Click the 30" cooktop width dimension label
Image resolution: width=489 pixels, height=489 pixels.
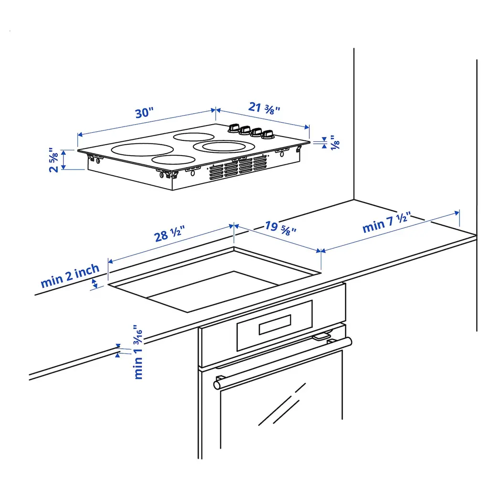coord(144,113)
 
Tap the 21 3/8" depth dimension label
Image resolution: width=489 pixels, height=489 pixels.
coord(264,108)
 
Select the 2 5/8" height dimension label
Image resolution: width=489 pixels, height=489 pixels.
coord(53,160)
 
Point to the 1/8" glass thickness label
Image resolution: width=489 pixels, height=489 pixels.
coord(335,142)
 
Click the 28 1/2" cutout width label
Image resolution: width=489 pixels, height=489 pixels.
coord(170,234)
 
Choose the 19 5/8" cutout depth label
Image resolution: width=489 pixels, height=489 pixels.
coord(281,228)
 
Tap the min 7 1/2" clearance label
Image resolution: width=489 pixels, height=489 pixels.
coord(387,223)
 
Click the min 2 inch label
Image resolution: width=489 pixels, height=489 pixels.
coord(70,276)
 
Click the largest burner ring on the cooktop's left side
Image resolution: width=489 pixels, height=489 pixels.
coord(142,149)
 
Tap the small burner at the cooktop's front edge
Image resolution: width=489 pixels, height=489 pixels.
coord(173,159)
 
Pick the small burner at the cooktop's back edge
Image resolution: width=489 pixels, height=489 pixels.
coord(194,137)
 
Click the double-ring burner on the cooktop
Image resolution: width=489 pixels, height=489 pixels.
coord(224,146)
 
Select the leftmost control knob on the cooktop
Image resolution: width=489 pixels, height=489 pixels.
coord(234,128)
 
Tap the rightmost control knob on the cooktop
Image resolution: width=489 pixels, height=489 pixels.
coord(267,135)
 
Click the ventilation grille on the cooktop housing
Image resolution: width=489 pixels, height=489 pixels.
coord(238,167)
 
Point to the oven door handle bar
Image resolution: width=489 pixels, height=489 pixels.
coord(283,363)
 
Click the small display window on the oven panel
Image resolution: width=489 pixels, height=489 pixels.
coord(275,324)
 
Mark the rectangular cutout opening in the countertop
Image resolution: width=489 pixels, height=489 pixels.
coord(214,279)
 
